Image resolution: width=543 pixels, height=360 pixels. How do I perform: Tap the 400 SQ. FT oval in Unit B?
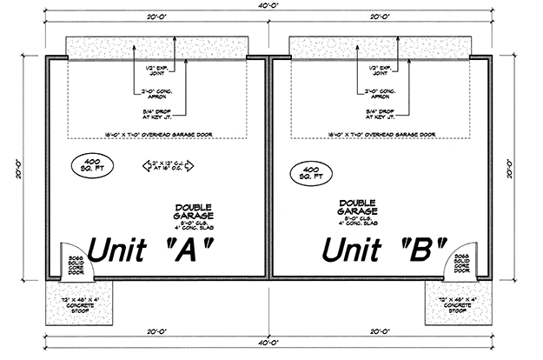coord(308,170)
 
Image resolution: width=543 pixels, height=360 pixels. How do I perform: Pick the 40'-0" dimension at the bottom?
coord(269,342)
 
